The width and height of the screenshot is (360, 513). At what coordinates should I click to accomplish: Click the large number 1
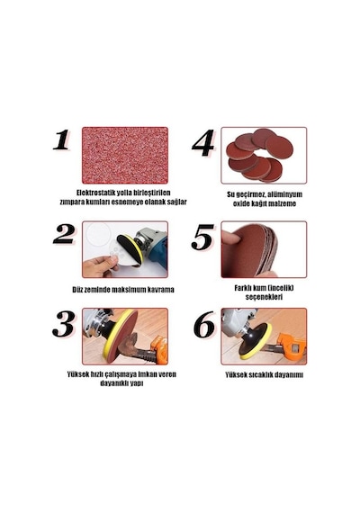61,139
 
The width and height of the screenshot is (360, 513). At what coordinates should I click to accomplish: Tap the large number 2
64,234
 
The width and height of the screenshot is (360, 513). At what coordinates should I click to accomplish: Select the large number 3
64,324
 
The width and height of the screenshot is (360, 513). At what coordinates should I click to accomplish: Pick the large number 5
202,237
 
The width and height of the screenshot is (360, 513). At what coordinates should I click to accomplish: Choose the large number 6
204,325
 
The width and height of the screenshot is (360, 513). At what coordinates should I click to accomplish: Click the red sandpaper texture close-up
125,156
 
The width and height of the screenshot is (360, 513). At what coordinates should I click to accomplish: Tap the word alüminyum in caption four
284,194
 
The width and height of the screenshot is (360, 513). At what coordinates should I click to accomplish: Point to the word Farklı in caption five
243,288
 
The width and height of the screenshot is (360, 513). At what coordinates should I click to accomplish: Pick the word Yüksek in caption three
78,374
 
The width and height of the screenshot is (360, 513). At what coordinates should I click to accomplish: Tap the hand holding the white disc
99,266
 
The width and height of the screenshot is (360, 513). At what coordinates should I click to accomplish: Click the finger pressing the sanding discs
231,238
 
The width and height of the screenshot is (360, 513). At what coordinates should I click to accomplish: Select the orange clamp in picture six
292,346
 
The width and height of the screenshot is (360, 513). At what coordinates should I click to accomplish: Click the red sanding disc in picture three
122,336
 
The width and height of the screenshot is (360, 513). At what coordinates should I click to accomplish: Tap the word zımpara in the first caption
72,202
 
